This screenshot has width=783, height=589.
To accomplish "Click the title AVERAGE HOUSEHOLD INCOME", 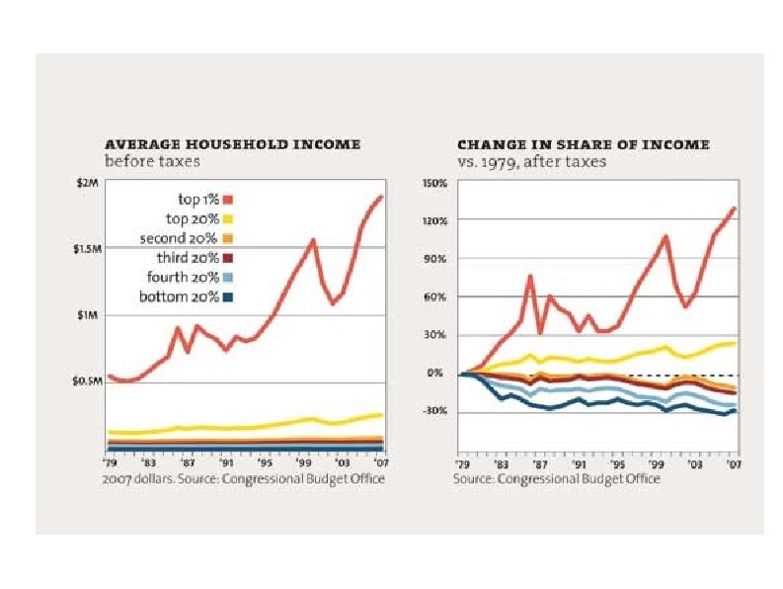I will tap(233, 144).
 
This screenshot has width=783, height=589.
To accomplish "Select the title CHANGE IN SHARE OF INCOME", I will tap(583, 144).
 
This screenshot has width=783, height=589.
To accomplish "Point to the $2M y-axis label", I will tap(89, 184).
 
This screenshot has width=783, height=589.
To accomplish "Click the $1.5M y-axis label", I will tap(86, 249).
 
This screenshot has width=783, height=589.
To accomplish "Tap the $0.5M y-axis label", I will tap(86, 381).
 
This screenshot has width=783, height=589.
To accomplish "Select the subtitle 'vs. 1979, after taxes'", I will tap(531, 160).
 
